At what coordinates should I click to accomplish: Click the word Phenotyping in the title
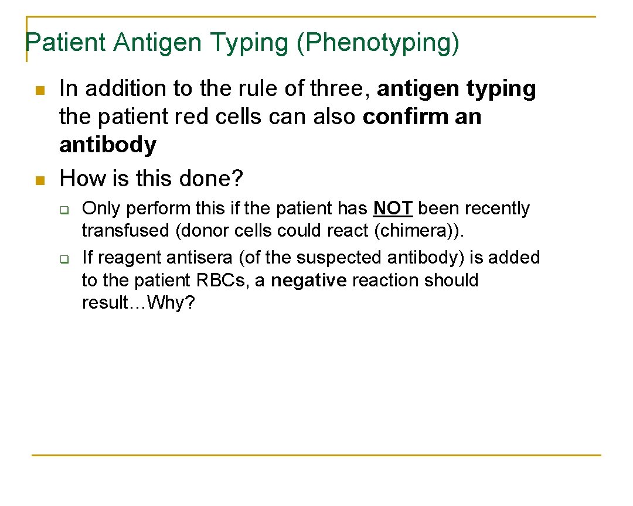(378, 43)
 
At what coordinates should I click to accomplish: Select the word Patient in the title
(66, 43)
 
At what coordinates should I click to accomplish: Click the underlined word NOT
(393, 208)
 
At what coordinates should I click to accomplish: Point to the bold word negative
(309, 281)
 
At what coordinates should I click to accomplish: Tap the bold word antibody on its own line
(108, 145)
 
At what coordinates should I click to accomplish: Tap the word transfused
(126, 231)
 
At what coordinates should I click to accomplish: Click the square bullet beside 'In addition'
(40, 90)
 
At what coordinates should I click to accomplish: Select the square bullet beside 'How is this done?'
(40, 180)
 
